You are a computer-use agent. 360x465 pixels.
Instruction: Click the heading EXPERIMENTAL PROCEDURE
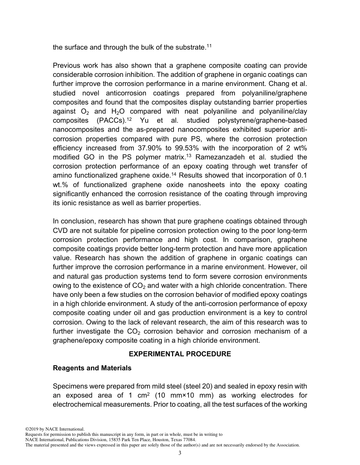pos(180,354)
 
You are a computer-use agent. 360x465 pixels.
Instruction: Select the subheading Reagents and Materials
pos(92,368)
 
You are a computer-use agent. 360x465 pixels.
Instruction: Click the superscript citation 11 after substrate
pos(208,45)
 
